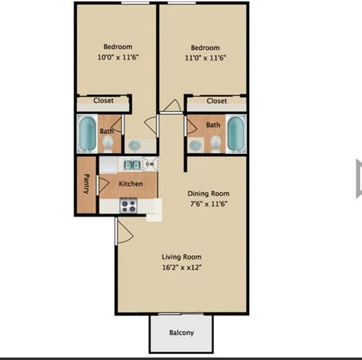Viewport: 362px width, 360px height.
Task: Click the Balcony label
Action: (181, 332)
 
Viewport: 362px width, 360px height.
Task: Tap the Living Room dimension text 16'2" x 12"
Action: (182, 267)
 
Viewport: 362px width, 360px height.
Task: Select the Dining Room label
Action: (208, 194)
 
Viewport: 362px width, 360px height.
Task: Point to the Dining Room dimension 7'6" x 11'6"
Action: (208, 204)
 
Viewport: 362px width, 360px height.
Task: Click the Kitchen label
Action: (130, 184)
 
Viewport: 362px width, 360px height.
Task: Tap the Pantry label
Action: (87, 185)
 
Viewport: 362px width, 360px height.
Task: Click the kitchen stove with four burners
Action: (128, 206)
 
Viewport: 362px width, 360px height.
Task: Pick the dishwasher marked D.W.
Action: (150, 163)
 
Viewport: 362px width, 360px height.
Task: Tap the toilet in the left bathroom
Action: (108, 142)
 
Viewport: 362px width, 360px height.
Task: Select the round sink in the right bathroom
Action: (195, 145)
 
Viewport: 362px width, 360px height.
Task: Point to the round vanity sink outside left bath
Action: (134, 145)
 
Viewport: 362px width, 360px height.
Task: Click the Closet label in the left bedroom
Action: (103, 101)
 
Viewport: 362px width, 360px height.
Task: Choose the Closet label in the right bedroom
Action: (217, 101)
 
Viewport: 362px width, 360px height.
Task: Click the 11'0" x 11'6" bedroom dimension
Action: (205, 58)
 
